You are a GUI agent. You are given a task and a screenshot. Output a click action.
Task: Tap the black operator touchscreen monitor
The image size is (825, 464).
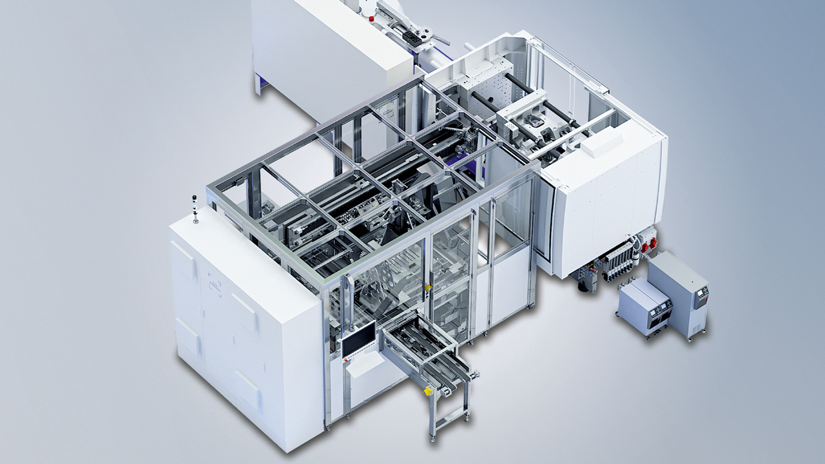tap(358, 339)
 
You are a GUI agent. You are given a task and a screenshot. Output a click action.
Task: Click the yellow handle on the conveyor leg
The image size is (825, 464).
tap(427, 391)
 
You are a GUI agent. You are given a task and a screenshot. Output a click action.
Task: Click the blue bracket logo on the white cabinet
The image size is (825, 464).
tap(215, 285)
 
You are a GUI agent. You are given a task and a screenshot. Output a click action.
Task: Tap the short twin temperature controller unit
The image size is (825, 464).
tap(645, 306)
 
